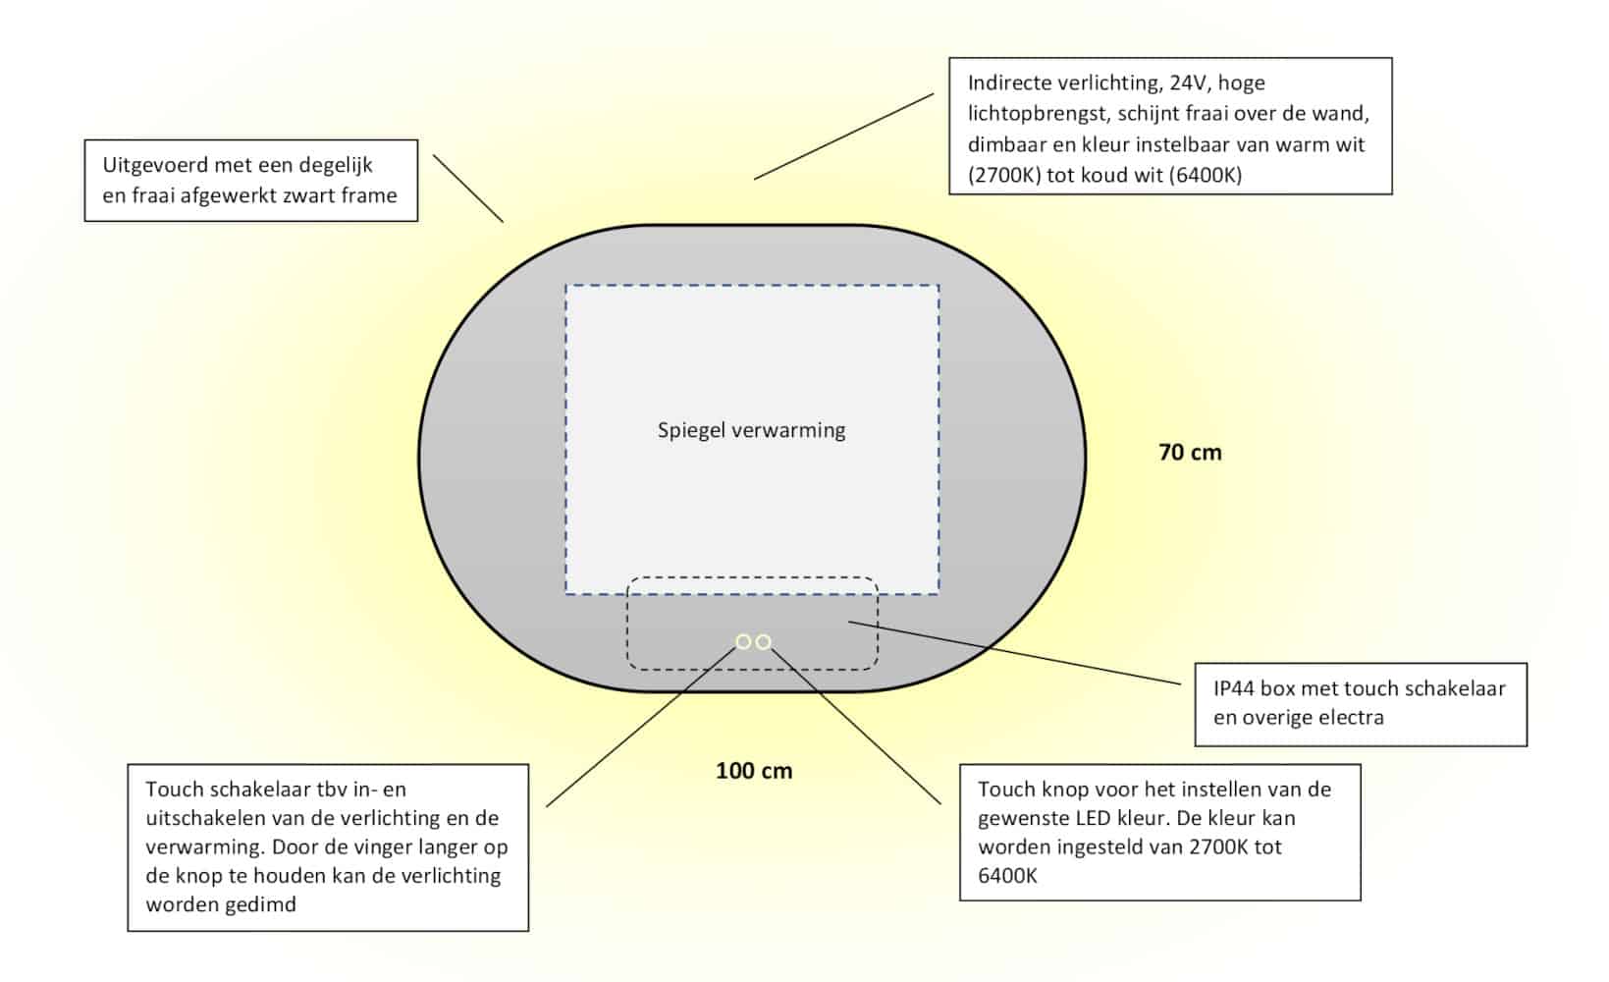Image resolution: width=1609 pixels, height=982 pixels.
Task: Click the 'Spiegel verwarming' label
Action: (x=751, y=430)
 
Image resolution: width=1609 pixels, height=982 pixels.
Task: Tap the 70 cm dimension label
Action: (x=1190, y=452)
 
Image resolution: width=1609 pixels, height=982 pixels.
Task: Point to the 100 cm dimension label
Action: (x=754, y=771)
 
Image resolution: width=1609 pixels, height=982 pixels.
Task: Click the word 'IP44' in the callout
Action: (x=1233, y=688)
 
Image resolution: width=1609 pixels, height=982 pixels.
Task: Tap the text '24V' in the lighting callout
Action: (x=1190, y=83)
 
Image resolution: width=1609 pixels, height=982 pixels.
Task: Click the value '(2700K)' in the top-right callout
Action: (x=1004, y=175)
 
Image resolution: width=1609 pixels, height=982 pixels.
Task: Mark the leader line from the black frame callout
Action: (x=467, y=189)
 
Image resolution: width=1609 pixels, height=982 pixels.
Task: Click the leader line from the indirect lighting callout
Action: (x=844, y=136)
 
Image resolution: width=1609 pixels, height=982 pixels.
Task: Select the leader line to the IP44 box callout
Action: (x=1014, y=652)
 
